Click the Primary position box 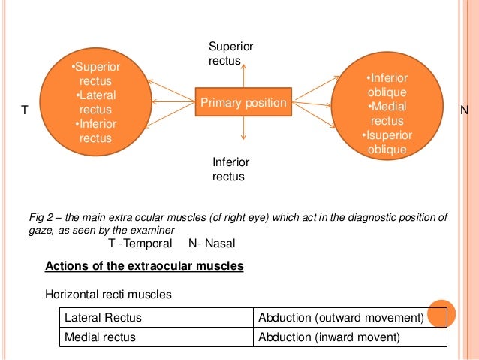point(243,102)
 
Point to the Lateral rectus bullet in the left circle point(95,103)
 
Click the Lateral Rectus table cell point(103,318)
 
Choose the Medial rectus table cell point(101,337)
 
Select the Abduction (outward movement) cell point(342,318)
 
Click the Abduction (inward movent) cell point(330,337)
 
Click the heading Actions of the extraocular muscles point(144,266)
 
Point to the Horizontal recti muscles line point(108,295)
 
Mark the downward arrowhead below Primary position point(243,138)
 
